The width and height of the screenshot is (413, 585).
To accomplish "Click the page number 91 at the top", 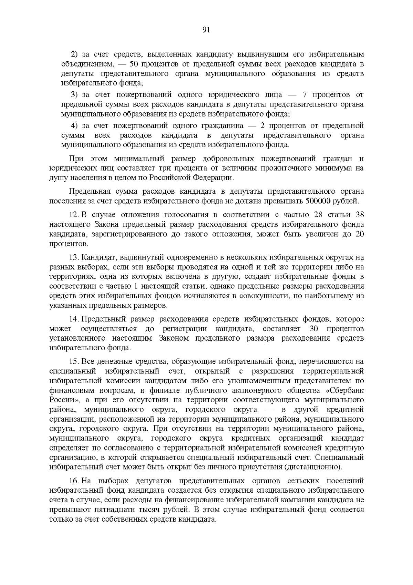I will [206, 30].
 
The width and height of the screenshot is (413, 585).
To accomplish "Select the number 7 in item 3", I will [304, 95].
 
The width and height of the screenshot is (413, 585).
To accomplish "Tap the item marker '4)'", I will [75, 125].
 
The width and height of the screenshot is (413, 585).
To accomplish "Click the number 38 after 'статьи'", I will [359, 215].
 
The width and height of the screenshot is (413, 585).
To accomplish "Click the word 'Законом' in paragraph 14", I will [174, 338].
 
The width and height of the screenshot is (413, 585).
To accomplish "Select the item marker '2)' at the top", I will [75, 54].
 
